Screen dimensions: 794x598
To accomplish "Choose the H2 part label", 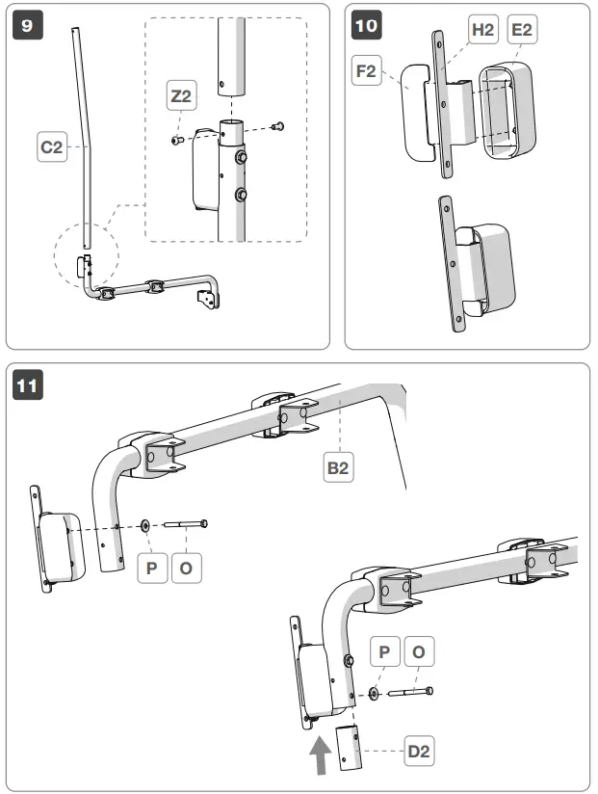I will [x=481, y=30].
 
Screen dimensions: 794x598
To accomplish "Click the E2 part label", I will [x=522, y=30].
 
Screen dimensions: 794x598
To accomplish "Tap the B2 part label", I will [x=336, y=468].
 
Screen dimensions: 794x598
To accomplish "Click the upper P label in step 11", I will [x=151, y=568].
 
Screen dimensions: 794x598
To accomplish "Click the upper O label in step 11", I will [x=186, y=568].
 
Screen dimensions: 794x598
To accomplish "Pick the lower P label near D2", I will [x=385, y=652].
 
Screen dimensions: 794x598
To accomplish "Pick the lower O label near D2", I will [x=419, y=652].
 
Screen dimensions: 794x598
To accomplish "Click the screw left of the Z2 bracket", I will [x=175, y=141].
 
